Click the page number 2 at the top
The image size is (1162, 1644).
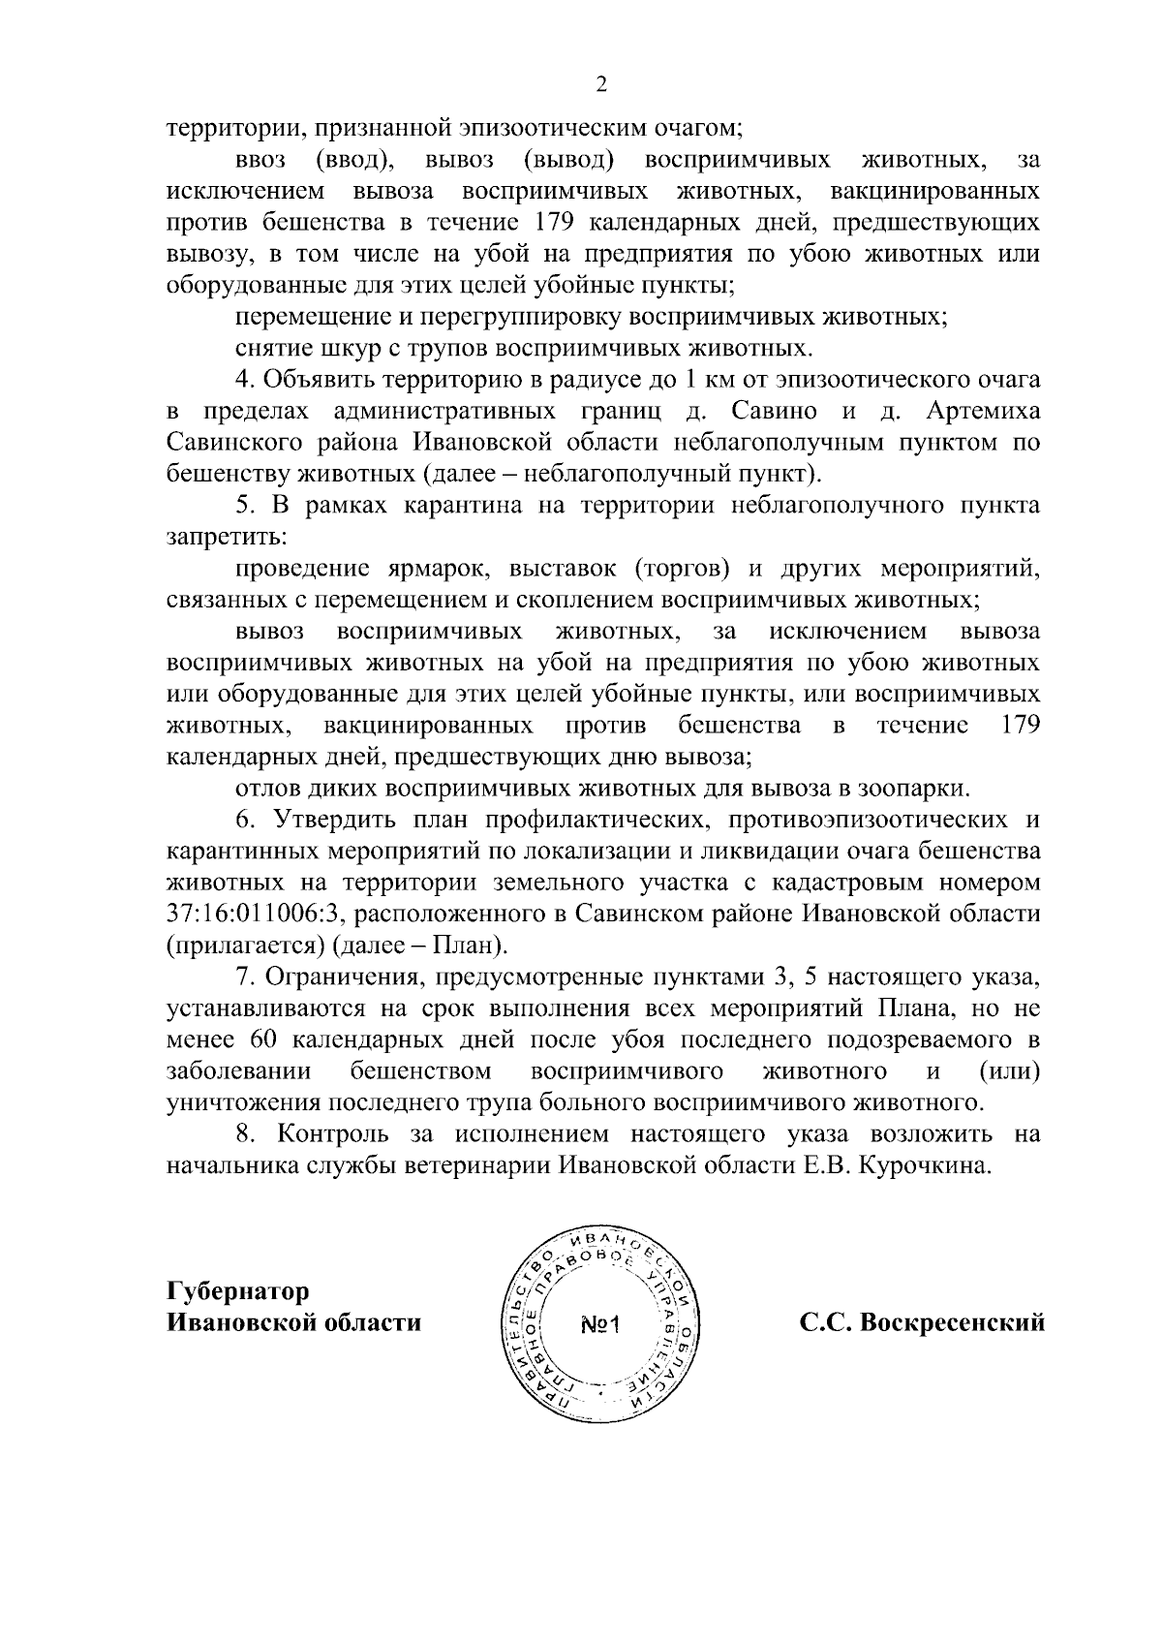coord(601,86)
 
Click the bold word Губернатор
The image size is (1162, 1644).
coord(238,1291)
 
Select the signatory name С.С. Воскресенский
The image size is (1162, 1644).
coord(922,1321)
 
